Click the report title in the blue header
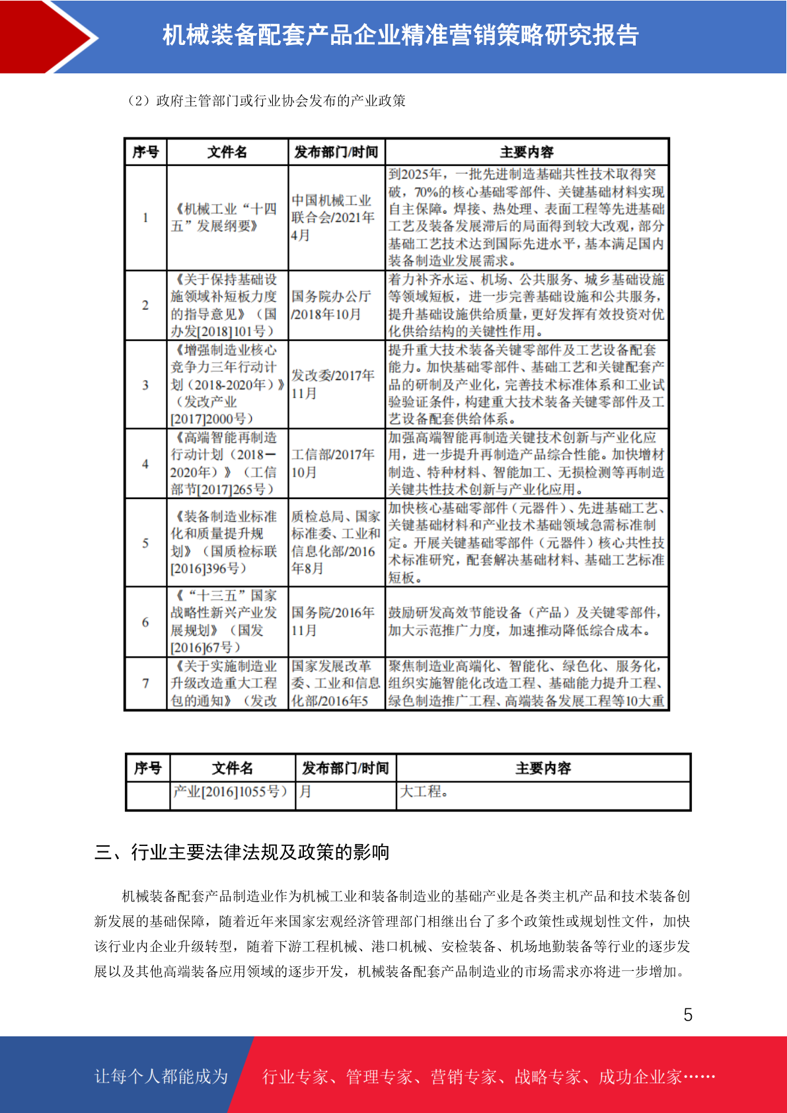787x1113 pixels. (x=400, y=36)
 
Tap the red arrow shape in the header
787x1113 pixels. (x=46, y=37)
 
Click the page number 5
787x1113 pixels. (x=688, y=1015)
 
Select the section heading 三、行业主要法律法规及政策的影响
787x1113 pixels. (x=242, y=852)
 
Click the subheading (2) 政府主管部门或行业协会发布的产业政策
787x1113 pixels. (x=266, y=100)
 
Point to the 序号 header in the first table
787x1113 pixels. (x=145, y=152)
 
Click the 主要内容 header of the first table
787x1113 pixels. (x=527, y=152)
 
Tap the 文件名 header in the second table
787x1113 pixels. (x=232, y=768)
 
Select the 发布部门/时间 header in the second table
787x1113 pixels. (x=345, y=768)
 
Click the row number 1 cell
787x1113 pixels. (x=145, y=217)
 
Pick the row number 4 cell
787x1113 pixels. (x=145, y=463)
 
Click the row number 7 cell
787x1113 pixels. (x=145, y=683)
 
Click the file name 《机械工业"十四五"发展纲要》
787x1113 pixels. (x=225, y=217)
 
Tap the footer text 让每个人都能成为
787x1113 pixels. (x=161, y=1076)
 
